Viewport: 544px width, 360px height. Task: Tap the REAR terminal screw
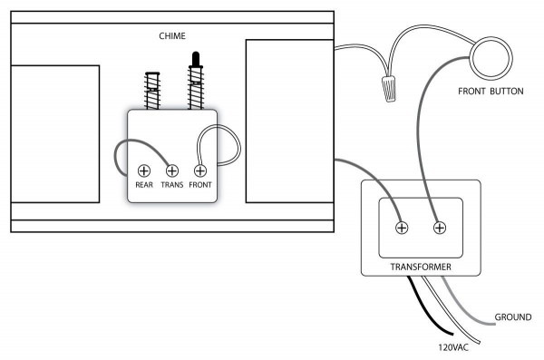[142, 170]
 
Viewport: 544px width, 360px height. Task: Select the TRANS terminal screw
[172, 170]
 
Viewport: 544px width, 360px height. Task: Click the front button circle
[491, 60]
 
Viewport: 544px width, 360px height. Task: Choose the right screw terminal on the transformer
[440, 228]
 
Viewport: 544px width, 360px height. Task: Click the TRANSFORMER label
[420, 268]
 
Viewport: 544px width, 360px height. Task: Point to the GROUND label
[513, 317]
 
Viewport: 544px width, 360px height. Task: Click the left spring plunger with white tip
[153, 91]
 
